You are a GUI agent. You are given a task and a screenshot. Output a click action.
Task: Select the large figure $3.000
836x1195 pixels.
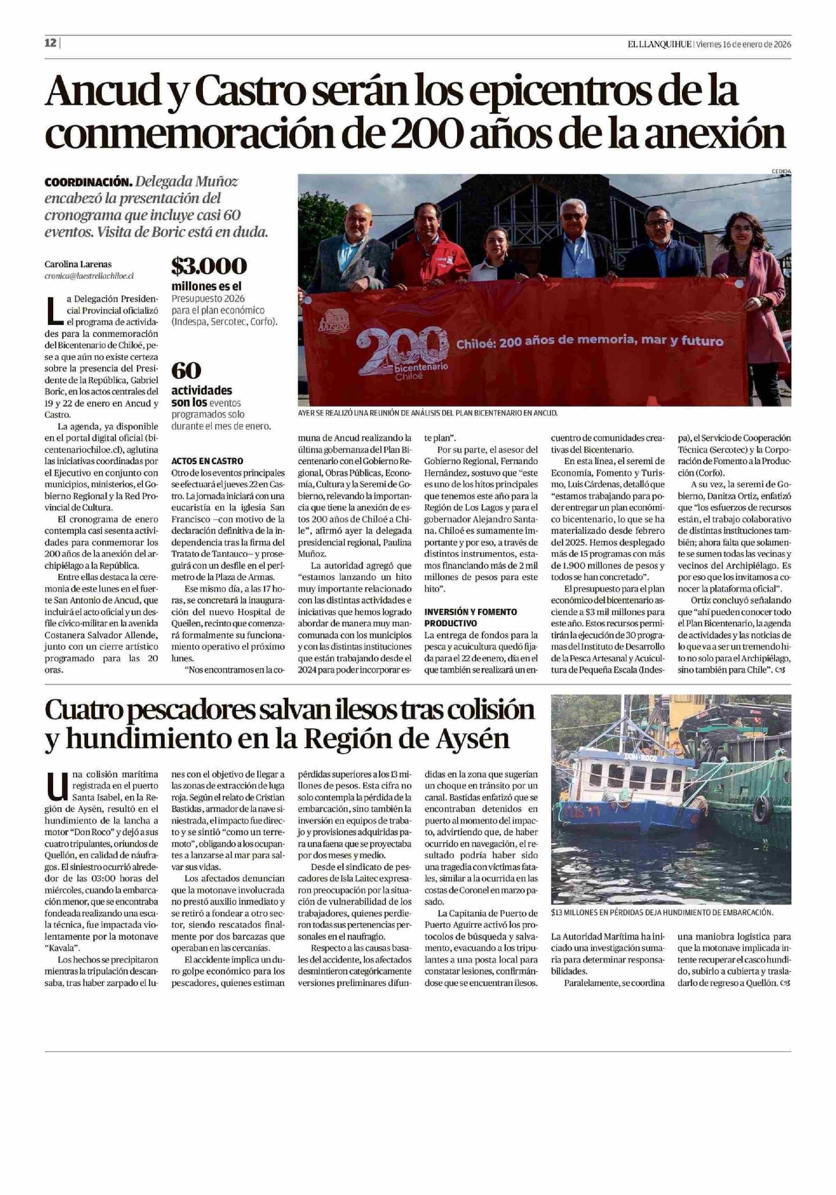point(209,267)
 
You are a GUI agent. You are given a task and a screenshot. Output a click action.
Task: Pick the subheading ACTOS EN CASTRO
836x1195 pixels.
point(207,461)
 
